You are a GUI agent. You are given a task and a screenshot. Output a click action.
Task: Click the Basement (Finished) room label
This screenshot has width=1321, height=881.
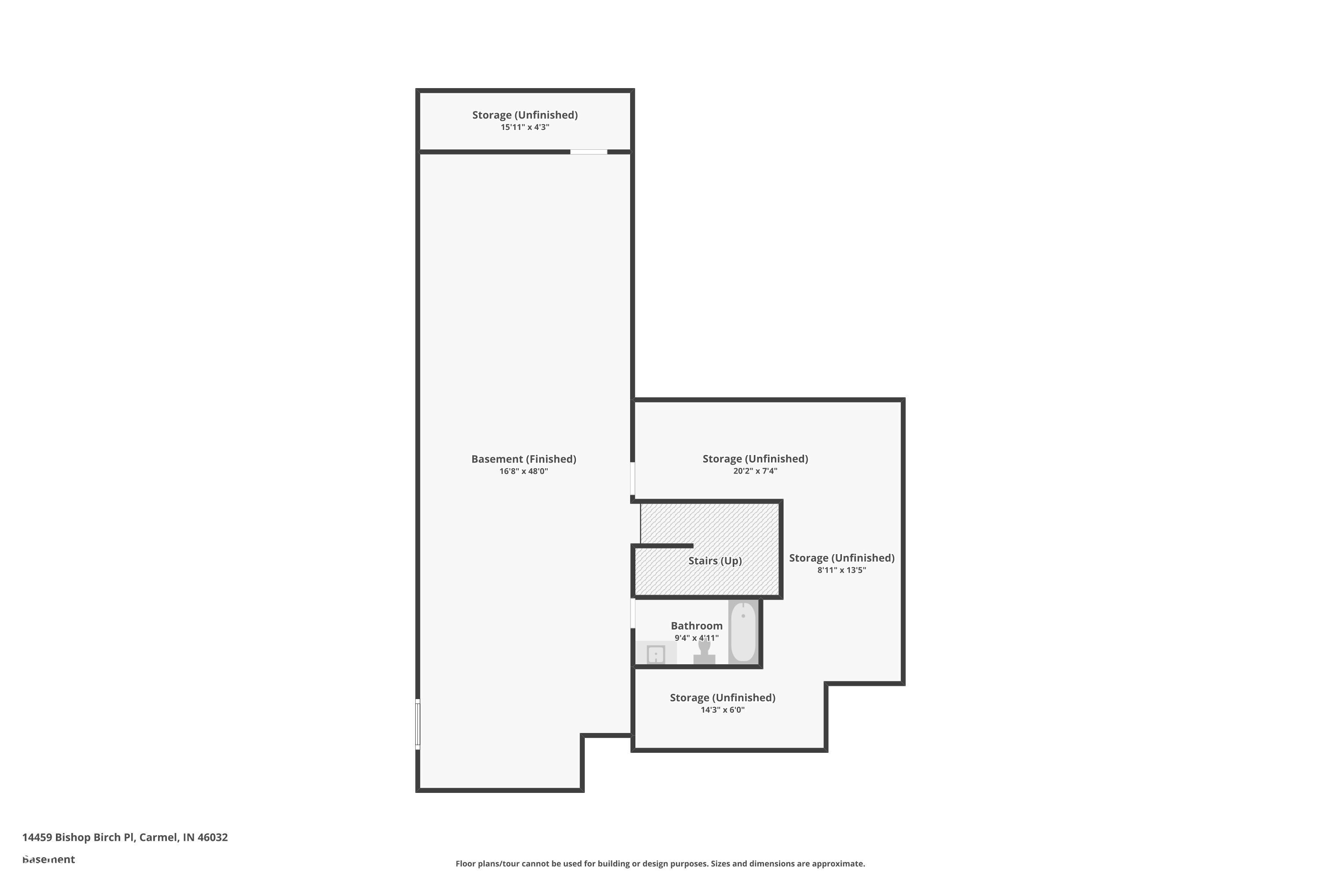[x=524, y=459]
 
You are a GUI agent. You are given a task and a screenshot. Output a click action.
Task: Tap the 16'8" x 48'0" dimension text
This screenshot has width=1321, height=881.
[x=524, y=471]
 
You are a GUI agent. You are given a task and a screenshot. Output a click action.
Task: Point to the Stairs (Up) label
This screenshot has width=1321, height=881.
[x=715, y=561]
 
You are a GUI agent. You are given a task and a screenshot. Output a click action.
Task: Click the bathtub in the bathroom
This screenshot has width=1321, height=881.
[x=743, y=632]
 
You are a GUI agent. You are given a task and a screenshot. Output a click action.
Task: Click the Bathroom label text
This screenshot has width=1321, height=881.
[x=697, y=626]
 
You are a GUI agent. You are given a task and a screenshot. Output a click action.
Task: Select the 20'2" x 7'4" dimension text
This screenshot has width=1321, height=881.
[x=755, y=471]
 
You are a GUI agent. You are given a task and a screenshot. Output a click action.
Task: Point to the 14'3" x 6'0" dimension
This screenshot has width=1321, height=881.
[x=722, y=710]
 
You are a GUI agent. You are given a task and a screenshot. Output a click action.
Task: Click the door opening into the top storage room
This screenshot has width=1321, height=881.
[x=589, y=152]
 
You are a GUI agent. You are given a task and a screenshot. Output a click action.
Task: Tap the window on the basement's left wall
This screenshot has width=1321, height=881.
[x=418, y=724]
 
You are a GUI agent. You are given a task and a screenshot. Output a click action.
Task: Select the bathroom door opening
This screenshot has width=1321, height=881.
[x=633, y=613]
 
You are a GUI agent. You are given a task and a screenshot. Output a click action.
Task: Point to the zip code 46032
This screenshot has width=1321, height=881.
[x=212, y=837]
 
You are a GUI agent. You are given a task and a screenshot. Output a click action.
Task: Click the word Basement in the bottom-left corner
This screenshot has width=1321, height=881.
[x=48, y=859]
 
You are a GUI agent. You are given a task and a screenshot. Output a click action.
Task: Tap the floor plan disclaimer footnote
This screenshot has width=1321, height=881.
[x=660, y=863]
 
